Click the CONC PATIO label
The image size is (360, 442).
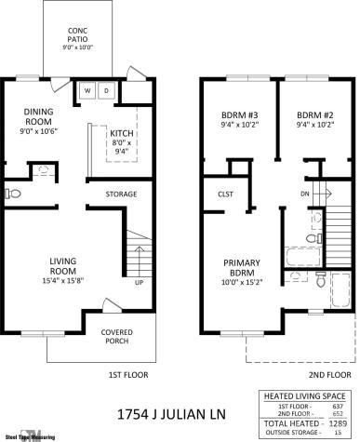pyautogui.click(x=78, y=38)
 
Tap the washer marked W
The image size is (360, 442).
pyautogui.click(x=87, y=90)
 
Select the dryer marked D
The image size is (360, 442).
pyautogui.click(x=105, y=90)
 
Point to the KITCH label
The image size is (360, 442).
pyautogui.click(x=121, y=135)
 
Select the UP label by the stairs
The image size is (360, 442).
pyautogui.click(x=140, y=282)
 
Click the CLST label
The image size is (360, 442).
pyautogui.click(x=224, y=194)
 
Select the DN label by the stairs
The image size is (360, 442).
pyautogui.click(x=305, y=194)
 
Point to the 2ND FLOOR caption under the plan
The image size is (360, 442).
pyautogui.click(x=329, y=375)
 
